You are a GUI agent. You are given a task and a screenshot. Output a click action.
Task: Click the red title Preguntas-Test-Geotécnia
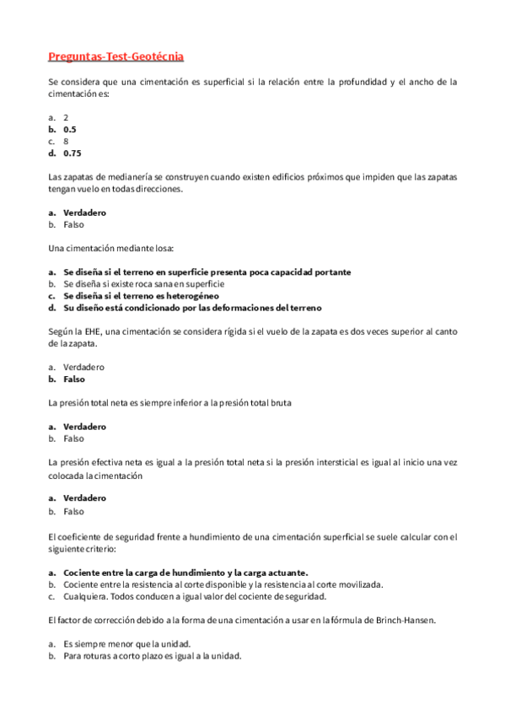116,56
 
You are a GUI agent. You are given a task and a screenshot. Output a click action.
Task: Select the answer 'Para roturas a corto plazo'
152,655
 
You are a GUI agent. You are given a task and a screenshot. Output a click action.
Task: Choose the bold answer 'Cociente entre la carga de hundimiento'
185,572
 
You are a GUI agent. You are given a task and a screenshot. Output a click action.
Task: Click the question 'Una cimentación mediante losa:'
110,249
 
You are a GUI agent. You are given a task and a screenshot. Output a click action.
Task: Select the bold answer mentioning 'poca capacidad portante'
207,272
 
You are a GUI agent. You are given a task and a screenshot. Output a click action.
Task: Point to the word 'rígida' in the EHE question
239,332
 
